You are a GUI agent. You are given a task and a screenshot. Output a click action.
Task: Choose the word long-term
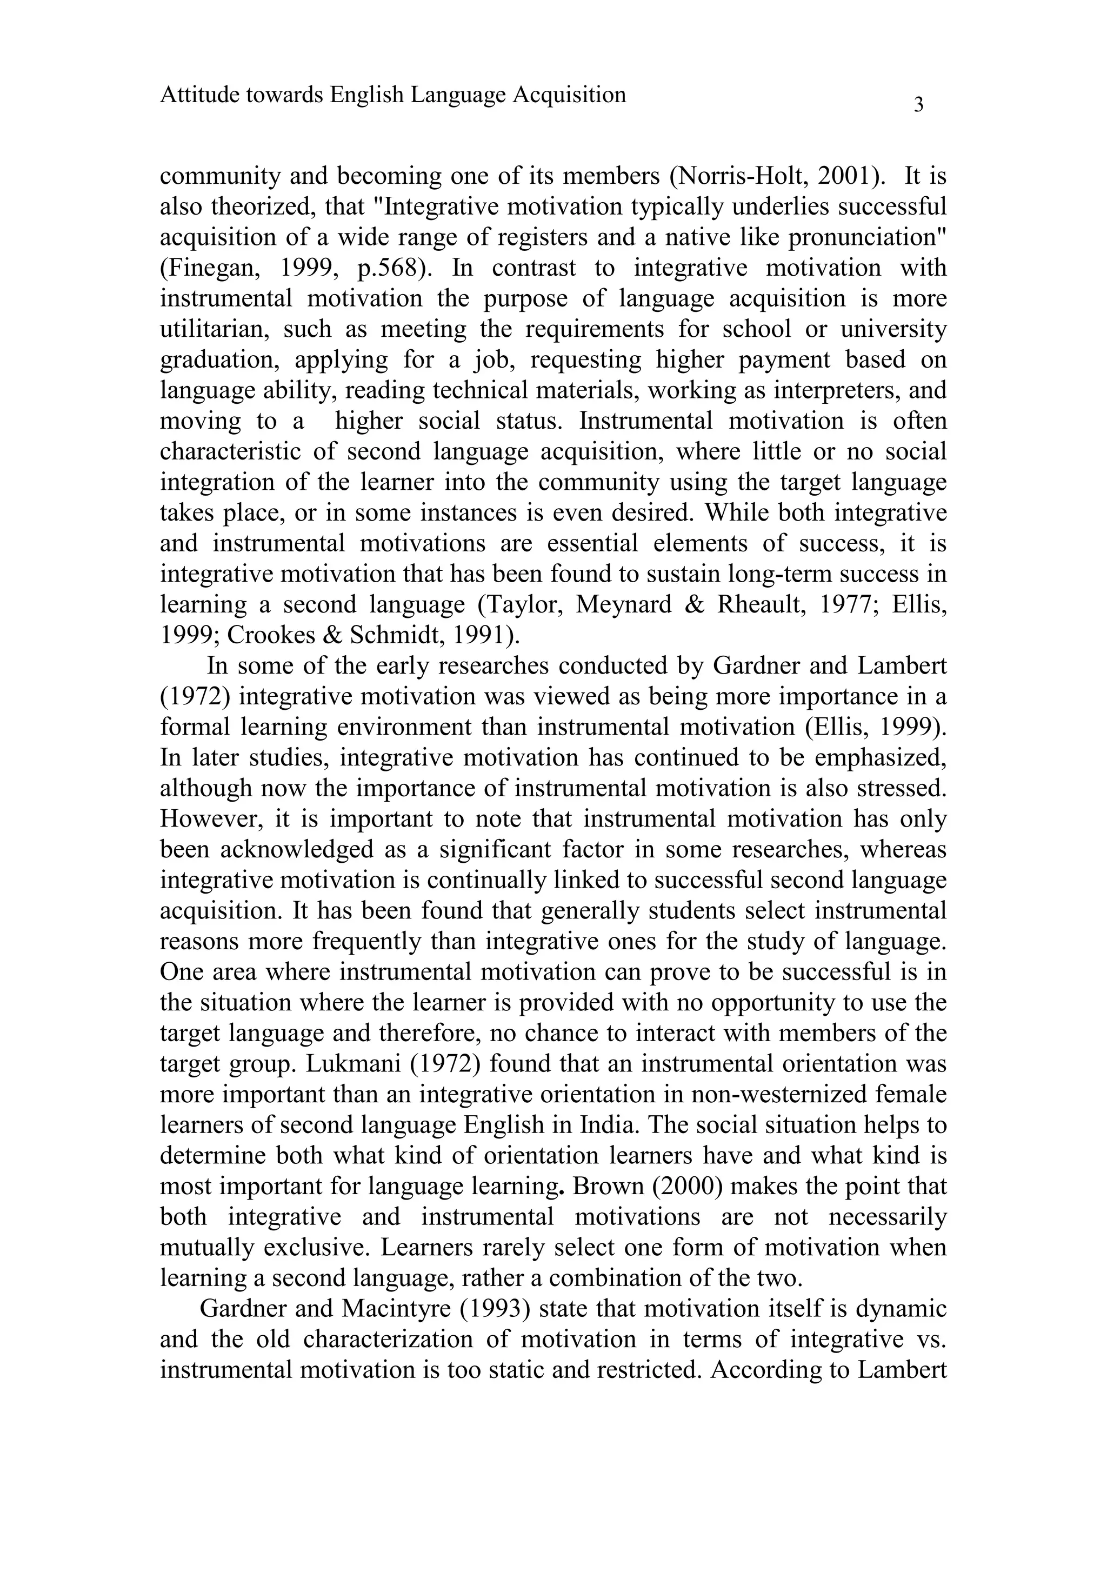(786, 574)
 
